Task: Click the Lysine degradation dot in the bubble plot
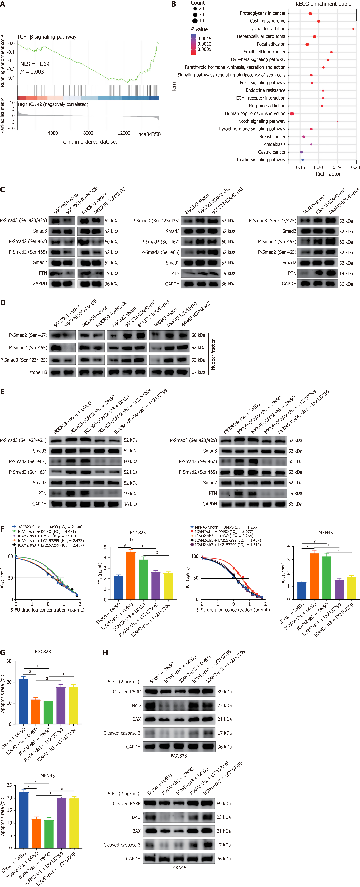(x=353, y=29)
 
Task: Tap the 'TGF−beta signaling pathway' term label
(x=258, y=60)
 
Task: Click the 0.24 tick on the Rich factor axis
(x=337, y=167)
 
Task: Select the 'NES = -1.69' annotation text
(x=35, y=64)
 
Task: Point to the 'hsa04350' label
(x=149, y=134)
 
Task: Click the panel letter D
(x=3, y=303)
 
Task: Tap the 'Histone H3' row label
(x=36, y=372)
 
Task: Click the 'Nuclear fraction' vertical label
(x=213, y=354)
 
